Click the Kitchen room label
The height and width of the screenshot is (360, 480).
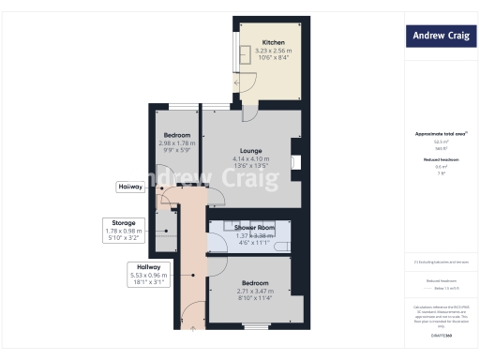pyautogui.click(x=273, y=43)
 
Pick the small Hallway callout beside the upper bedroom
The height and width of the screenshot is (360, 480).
pyautogui.click(x=130, y=187)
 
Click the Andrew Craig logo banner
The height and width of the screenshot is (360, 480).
pyautogui.click(x=439, y=37)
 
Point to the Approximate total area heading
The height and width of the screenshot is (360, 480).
pyautogui.click(x=438, y=134)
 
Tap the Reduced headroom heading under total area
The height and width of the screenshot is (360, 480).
pyautogui.click(x=438, y=159)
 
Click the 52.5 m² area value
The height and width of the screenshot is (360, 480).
pyautogui.click(x=438, y=142)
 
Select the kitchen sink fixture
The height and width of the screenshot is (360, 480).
pyautogui.click(x=244, y=52)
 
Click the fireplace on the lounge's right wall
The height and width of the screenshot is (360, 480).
pyautogui.click(x=295, y=163)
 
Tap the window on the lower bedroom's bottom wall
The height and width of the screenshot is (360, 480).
pyautogui.click(x=255, y=326)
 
